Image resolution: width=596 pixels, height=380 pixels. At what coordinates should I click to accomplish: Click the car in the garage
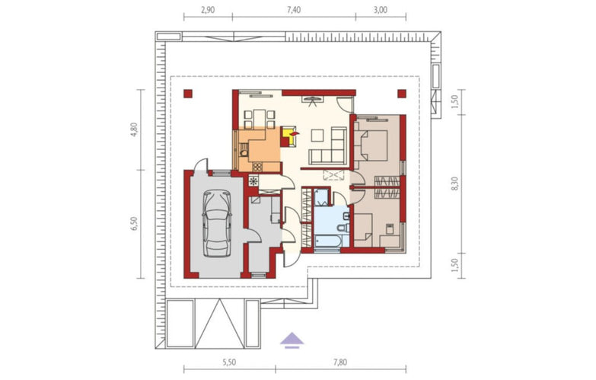(217, 224)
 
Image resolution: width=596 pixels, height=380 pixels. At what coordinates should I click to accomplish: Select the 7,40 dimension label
(294, 10)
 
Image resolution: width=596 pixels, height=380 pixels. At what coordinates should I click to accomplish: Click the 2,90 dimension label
(208, 10)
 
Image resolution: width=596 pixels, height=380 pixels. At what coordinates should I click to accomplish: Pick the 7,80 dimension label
(339, 362)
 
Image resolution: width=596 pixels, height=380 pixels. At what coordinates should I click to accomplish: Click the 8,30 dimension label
(455, 184)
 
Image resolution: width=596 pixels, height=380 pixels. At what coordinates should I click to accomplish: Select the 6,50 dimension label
(135, 224)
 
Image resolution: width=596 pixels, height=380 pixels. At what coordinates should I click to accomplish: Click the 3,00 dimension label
(380, 10)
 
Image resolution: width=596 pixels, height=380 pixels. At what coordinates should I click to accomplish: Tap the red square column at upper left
(187, 94)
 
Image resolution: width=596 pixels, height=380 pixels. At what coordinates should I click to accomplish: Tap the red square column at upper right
(402, 94)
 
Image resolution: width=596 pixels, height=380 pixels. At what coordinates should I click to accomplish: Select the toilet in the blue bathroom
(343, 228)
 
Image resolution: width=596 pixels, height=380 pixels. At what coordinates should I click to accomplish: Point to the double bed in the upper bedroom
(371, 145)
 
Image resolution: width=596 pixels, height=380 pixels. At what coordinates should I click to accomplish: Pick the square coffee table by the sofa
(317, 136)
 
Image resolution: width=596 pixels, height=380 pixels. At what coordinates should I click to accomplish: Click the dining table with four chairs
(260, 119)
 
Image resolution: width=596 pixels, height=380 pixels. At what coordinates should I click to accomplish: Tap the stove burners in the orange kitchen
(257, 167)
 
